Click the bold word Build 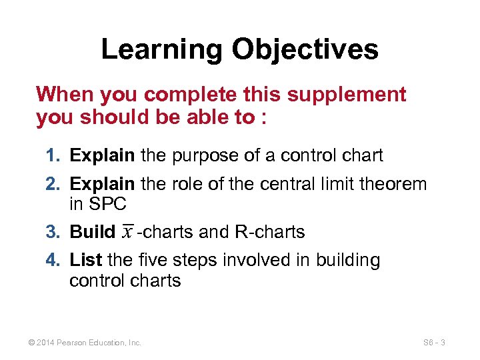pos(93,232)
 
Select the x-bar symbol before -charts pos(127,231)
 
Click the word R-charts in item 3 pos(270,232)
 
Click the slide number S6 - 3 pos(434,343)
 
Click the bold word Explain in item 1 pos(103,156)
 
